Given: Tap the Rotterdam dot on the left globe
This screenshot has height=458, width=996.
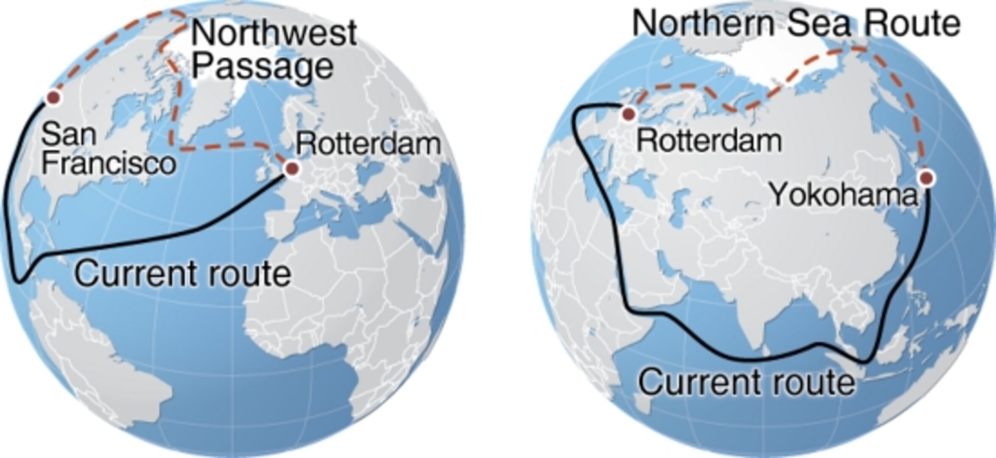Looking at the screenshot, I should pos(291,169).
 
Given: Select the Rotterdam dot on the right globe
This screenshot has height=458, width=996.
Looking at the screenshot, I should pos(628,113).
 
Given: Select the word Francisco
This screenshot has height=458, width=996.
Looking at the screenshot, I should pos(109,163).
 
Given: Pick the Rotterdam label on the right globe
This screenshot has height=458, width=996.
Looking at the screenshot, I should pos(709,141).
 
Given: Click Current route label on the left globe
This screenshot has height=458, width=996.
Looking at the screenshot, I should pos(183,274).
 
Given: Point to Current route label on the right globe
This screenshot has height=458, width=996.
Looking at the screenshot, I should pos(747,382).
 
